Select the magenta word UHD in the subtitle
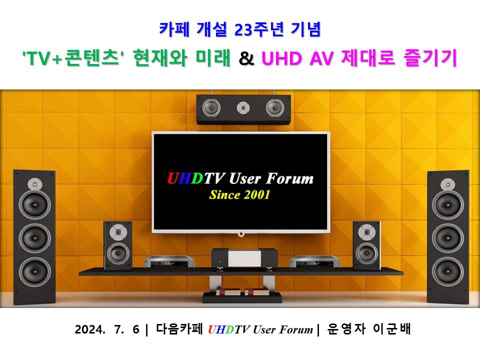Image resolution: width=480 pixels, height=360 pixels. coord(281,58)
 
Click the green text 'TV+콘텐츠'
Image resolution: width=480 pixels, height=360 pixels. coord(71,58)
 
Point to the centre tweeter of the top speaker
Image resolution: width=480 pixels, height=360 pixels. coord(243,108)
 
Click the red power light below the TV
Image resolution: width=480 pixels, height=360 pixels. coord(241,234)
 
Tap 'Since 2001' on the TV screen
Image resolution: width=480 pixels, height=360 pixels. coord(239,194)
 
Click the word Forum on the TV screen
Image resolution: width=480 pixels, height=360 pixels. coord(289,178)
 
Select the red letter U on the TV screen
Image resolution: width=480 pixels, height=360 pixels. coord(173,178)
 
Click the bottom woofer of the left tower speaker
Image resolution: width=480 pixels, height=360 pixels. coord(34,272)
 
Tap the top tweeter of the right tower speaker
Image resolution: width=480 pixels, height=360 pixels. coord(447,184)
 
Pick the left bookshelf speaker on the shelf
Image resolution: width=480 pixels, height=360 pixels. coord(118,245)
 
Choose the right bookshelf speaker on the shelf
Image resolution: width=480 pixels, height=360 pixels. coord(366,245)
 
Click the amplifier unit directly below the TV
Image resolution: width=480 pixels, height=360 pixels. coord(244,259)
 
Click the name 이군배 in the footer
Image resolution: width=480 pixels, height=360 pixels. coord(391,329)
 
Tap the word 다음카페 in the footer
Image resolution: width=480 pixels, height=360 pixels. coord(179,329)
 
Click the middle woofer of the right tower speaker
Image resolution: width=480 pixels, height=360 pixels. coord(447,238)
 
